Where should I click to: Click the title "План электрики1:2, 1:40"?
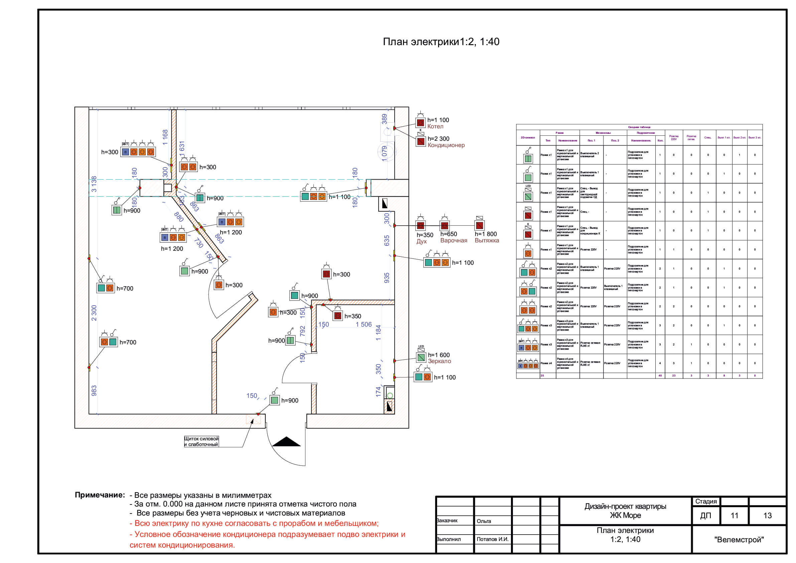click(x=441, y=42)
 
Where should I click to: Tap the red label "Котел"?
click(x=435, y=127)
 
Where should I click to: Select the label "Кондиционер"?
click(x=446, y=145)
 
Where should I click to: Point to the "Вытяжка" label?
click(x=487, y=240)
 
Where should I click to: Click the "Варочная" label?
click(x=453, y=240)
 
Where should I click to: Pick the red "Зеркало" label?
click(x=439, y=361)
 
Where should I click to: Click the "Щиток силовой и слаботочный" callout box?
click(x=201, y=442)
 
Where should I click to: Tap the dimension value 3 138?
click(x=94, y=184)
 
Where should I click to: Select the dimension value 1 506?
click(x=363, y=325)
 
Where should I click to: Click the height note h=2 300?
click(x=438, y=139)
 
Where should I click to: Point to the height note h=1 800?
click(x=486, y=234)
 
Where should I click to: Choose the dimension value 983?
click(x=94, y=390)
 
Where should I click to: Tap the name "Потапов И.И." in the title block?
click(x=492, y=539)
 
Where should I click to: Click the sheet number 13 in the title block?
click(x=767, y=516)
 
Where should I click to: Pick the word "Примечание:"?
click(x=100, y=495)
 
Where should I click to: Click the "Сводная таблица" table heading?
click(x=639, y=127)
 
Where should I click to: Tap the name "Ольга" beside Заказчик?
click(x=484, y=521)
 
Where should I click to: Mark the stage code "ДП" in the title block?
click(x=705, y=516)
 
